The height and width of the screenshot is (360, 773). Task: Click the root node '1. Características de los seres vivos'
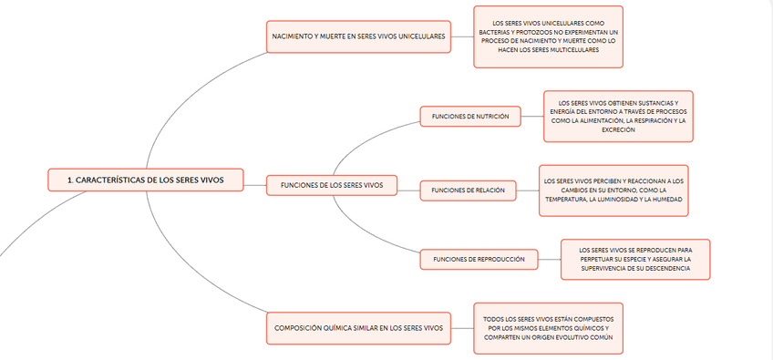coord(146,180)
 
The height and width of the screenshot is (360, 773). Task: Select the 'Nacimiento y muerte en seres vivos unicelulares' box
coord(358,36)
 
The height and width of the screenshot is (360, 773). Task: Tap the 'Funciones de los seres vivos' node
coord(332,185)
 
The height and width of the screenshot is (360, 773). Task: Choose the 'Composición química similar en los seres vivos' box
coord(358,327)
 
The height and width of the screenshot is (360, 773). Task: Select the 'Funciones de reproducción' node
coord(478,259)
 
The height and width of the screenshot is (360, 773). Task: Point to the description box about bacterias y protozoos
coord(548,36)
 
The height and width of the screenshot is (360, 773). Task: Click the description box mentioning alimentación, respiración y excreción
coord(618,116)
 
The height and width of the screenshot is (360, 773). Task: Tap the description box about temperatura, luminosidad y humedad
coord(613,190)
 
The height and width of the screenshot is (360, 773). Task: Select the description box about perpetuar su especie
coord(634,259)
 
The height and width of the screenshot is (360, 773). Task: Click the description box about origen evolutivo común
coord(548,327)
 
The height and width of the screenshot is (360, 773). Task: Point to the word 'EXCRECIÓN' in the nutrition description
coord(618,129)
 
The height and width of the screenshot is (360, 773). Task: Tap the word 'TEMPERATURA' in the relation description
coord(570,199)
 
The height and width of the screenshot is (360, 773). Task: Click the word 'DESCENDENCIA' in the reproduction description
coord(663,268)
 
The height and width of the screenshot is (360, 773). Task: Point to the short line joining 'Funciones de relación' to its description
coord(527,190)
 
